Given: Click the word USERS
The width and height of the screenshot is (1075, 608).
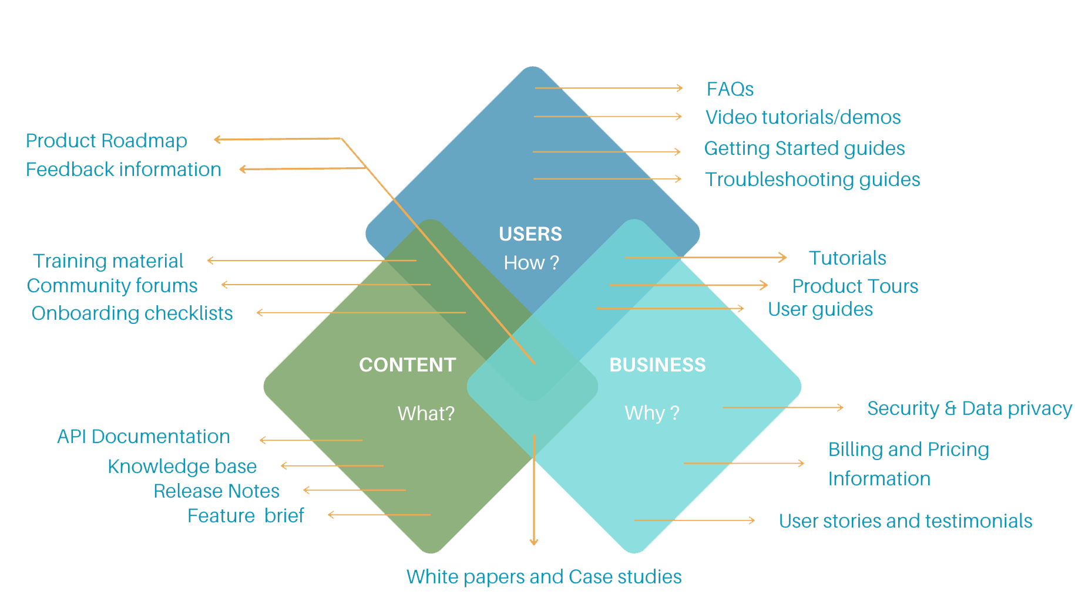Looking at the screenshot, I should pos(530,234).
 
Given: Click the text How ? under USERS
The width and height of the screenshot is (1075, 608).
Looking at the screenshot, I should pos(531,263).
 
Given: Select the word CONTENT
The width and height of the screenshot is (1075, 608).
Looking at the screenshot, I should pos(407,365).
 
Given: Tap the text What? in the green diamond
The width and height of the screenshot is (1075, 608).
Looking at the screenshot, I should pos(426,414).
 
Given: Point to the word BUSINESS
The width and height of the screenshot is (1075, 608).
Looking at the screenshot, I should pos(657,365).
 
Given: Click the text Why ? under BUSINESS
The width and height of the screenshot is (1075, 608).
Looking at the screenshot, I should pos(651,413).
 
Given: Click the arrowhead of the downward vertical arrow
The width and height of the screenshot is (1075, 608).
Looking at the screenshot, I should pos(533,543).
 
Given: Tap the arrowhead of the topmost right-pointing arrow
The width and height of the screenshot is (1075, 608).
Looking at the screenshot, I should pos(681,88).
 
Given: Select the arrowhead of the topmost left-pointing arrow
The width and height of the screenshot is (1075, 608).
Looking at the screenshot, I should pos(216,140).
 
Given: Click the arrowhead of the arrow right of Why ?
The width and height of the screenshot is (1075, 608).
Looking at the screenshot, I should pos(841,407).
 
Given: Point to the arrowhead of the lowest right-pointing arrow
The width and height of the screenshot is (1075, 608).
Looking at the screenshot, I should pos(752,520).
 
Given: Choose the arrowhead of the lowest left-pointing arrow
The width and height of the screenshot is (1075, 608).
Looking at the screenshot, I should pos(330,515).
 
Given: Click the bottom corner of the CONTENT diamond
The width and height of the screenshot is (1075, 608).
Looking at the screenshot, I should pos(431,552).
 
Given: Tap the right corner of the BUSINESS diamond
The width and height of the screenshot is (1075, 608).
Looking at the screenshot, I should pos(799,387).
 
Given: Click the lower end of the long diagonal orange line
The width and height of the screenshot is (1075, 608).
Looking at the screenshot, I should pos(534,363).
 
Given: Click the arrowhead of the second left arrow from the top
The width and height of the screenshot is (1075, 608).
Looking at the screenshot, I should pos(241,170).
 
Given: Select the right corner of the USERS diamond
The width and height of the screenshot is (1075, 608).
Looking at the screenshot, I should pos(698,234).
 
